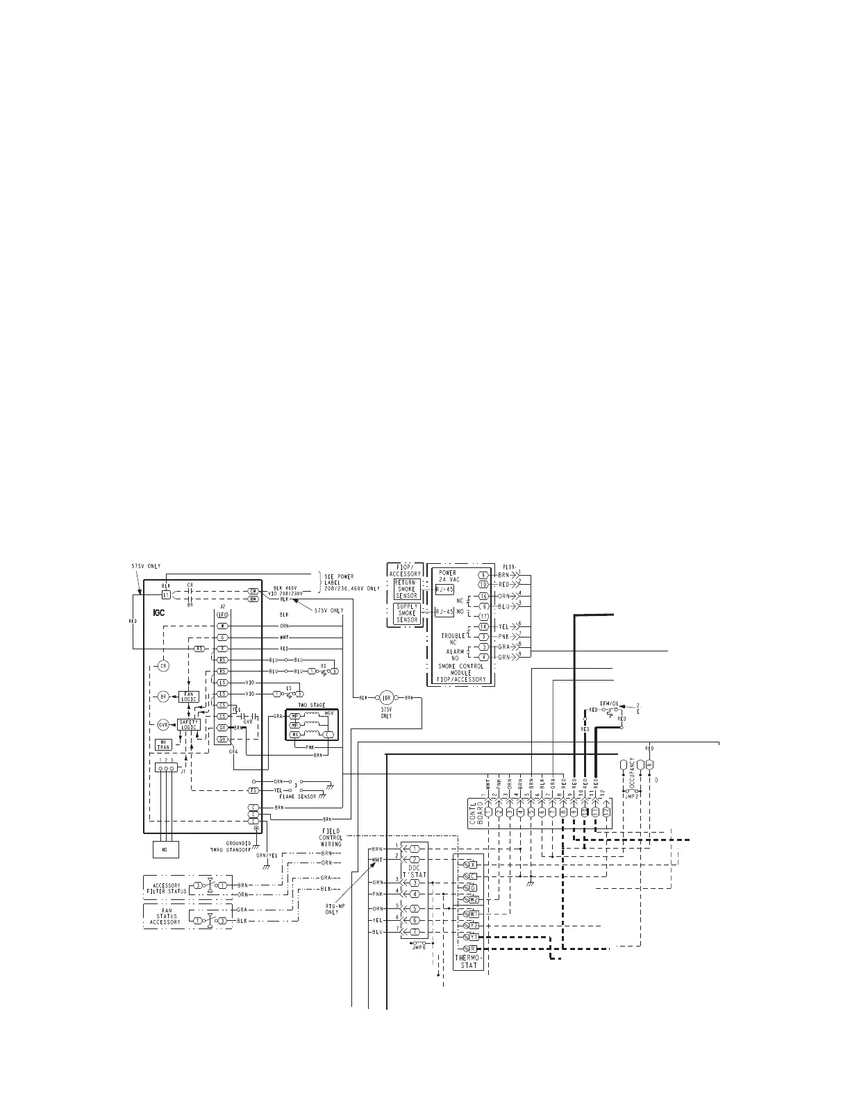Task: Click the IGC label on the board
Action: (x=160, y=613)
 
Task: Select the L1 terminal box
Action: (x=166, y=595)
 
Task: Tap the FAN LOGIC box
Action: (x=189, y=696)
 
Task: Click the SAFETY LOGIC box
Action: (x=188, y=724)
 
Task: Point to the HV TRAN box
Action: (x=163, y=744)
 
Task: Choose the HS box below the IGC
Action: (x=165, y=849)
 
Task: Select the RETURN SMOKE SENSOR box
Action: (x=406, y=589)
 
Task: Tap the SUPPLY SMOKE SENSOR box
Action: (x=406, y=613)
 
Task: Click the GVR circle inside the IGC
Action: (x=163, y=724)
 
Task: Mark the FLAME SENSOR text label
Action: (x=298, y=797)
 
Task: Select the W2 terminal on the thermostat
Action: (x=472, y=900)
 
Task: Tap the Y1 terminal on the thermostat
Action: (x=472, y=937)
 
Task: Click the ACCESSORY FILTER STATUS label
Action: (x=165, y=888)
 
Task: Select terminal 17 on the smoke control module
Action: (x=483, y=616)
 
